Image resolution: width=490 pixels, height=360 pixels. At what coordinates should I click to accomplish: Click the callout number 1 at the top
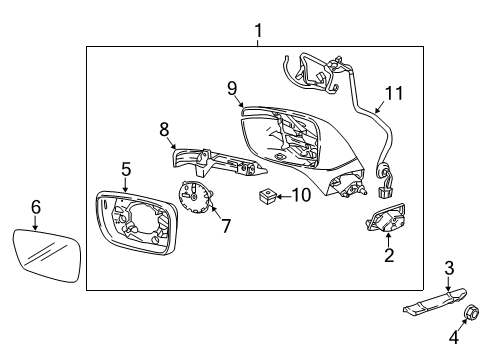(x=257, y=31)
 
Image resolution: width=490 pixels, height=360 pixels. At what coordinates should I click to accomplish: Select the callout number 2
(x=389, y=255)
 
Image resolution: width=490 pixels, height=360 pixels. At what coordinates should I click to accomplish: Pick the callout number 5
(x=126, y=171)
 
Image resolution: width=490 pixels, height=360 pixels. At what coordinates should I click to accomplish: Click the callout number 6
(x=36, y=207)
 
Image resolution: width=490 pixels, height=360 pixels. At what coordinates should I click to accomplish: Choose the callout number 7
(x=226, y=227)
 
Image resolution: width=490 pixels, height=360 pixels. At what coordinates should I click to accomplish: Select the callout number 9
(x=232, y=88)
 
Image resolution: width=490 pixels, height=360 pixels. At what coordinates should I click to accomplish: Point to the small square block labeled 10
(x=267, y=195)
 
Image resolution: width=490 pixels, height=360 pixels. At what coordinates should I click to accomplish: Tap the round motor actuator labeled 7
(x=196, y=199)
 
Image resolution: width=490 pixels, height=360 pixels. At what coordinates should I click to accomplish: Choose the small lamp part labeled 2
(x=384, y=223)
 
